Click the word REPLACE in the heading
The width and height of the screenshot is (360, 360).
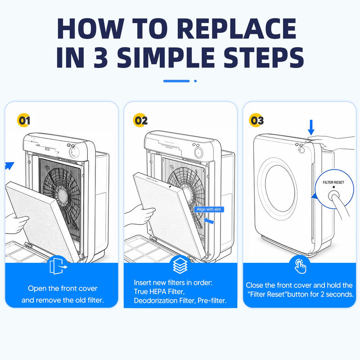tap(237, 28)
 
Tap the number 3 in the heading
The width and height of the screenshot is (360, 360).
tap(101, 58)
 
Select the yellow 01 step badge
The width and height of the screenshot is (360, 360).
tap(23, 120)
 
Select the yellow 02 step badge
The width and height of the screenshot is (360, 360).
tap(140, 120)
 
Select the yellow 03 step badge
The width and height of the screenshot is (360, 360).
tap(256, 120)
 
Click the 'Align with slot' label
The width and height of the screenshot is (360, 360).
tap(209, 209)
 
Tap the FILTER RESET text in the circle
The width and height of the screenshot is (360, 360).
tap(333, 182)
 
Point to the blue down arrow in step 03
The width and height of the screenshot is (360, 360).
tap(311, 127)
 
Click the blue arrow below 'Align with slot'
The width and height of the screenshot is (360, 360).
tap(209, 220)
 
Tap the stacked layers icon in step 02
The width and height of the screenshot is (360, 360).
tap(180, 265)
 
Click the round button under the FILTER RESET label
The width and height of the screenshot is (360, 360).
tap(333, 197)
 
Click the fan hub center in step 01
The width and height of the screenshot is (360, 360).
tap(62, 195)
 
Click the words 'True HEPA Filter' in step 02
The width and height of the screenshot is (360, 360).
tap(159, 292)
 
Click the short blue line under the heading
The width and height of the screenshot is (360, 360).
tap(176, 81)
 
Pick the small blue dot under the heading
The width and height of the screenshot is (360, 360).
tap(195, 81)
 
